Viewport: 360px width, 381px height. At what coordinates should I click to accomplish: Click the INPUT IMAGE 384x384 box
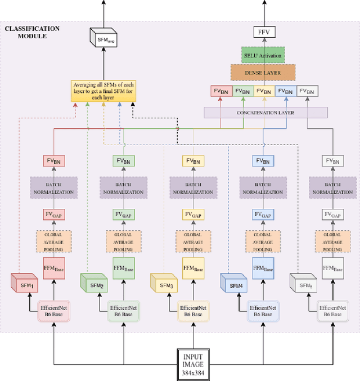[193, 364]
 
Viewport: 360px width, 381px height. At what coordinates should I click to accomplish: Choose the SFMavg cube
[102, 39]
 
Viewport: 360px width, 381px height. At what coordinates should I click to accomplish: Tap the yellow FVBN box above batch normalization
[193, 161]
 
